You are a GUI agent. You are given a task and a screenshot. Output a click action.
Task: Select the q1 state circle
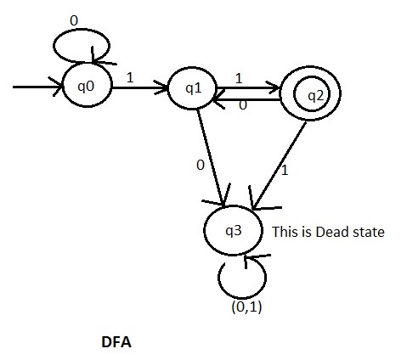point(193,87)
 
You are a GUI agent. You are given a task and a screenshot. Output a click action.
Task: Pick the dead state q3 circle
point(235,230)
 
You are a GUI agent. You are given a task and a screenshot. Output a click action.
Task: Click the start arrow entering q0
point(38,87)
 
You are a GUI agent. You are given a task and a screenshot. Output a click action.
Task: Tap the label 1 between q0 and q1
point(129,76)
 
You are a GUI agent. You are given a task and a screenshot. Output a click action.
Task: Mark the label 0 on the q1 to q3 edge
point(201,165)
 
